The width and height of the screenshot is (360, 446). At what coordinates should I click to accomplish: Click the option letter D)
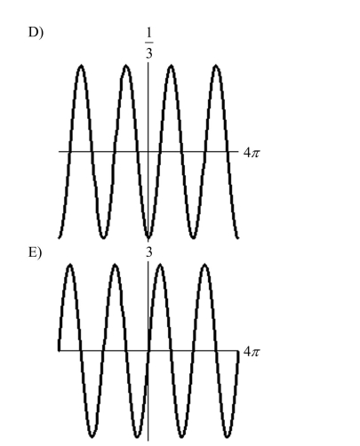[36, 32]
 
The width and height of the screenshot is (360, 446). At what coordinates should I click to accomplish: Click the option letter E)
[36, 252]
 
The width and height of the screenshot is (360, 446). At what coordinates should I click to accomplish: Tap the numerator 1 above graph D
[148, 33]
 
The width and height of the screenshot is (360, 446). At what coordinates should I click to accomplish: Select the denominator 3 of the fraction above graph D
[148, 53]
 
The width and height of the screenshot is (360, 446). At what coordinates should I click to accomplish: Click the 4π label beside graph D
[252, 153]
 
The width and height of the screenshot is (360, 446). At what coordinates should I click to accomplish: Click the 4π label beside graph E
[252, 352]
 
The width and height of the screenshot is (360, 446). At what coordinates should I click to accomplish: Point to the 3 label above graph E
[148, 252]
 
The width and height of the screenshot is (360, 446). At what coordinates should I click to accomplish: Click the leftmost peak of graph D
[81, 66]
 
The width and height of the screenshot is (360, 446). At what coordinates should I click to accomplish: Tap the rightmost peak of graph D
[216, 66]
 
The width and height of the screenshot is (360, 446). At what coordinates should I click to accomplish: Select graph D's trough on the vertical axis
[148, 237]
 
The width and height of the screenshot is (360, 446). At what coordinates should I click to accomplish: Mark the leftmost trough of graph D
[103, 237]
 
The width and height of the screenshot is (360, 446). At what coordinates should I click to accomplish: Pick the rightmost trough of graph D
[193, 237]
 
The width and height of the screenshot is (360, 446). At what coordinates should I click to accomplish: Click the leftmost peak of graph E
[70, 265]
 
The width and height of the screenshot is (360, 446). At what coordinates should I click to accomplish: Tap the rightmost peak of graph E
[205, 265]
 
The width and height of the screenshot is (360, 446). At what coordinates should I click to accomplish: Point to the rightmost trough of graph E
[227, 436]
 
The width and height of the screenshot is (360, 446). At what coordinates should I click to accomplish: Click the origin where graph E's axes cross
[148, 351]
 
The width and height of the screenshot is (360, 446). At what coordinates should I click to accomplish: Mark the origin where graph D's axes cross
[148, 152]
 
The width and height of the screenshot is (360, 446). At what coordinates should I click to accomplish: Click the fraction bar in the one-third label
[149, 43]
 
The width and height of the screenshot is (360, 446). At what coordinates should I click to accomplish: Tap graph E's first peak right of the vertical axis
[160, 265]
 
